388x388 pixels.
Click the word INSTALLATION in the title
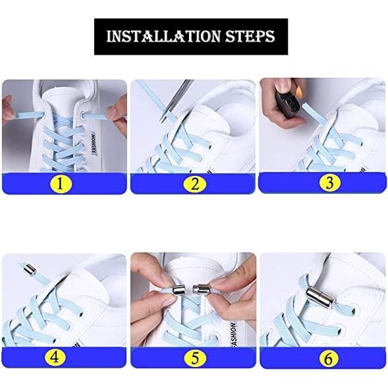pos(163,36)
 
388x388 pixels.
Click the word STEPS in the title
pos(250,36)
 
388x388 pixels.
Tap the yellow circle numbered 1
pos(60,184)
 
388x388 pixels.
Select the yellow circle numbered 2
pos(195,184)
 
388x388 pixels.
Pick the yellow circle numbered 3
pos(329,182)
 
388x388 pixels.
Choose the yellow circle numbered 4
pos(55,357)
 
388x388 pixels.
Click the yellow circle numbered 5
pos(195,358)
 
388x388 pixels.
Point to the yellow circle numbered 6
pos(328,358)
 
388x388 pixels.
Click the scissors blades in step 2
pos(177,99)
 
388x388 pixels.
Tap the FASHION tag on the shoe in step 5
pos(233,334)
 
